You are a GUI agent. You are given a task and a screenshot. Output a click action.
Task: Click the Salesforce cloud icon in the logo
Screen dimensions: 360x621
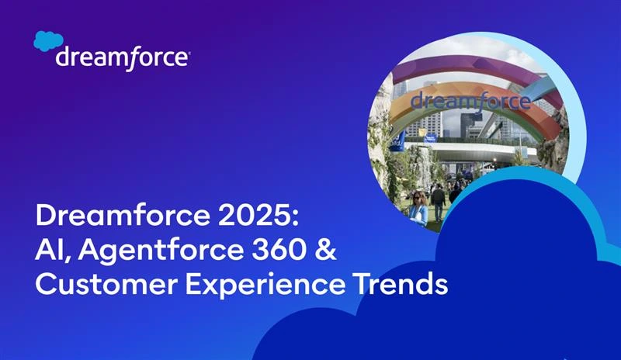(x=47, y=42)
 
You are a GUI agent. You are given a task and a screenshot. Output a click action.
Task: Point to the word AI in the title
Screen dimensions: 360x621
(x=50, y=251)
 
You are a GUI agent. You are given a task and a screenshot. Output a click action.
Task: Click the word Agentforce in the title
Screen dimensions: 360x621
(x=151, y=251)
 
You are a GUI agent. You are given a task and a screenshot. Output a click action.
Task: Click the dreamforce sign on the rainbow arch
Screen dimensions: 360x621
(x=470, y=100)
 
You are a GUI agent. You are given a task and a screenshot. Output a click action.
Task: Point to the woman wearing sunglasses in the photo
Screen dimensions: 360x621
(x=418, y=207)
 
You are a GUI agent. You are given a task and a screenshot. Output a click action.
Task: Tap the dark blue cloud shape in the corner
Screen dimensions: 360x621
(x=481, y=295)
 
